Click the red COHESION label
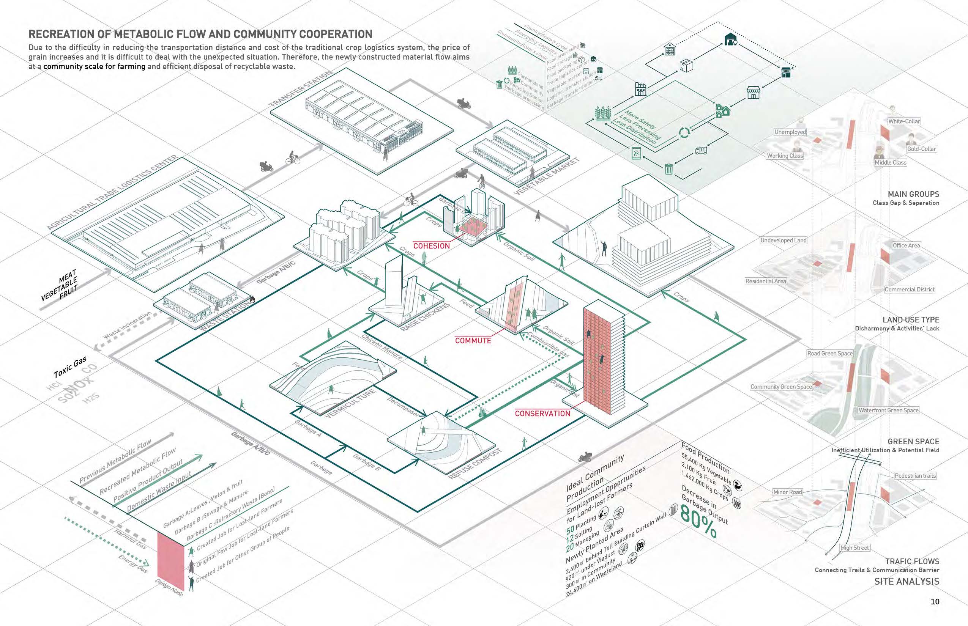coord(431,246)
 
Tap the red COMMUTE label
coord(473,341)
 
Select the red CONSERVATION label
coord(542,414)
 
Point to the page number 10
coord(935,602)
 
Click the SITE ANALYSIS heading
coord(907,581)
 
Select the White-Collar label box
coord(904,121)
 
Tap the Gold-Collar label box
coord(921,149)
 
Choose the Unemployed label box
coord(790,132)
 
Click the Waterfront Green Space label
coord(888,410)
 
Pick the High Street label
coord(854,547)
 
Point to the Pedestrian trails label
coord(915,476)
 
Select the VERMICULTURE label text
coord(350,404)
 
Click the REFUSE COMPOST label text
coord(475,463)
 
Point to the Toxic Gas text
coord(70,367)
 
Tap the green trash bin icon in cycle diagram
coord(668,169)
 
